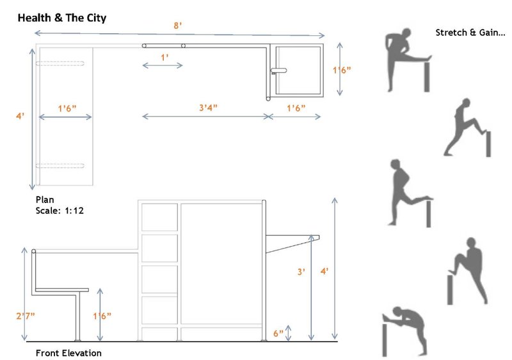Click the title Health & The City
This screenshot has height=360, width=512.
[61, 18]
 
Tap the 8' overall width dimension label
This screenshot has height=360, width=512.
[177, 26]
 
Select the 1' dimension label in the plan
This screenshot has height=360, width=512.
[164, 57]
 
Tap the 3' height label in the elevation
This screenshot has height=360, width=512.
[301, 272]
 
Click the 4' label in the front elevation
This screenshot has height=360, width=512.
[324, 272]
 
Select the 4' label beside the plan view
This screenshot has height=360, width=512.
[21, 116]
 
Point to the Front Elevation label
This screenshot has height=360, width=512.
[68, 353]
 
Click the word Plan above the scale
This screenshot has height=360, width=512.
[44, 199]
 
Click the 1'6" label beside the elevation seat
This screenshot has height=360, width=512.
[103, 316]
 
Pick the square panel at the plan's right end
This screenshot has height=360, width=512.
[297, 71]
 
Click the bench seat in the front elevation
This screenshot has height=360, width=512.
[61, 290]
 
